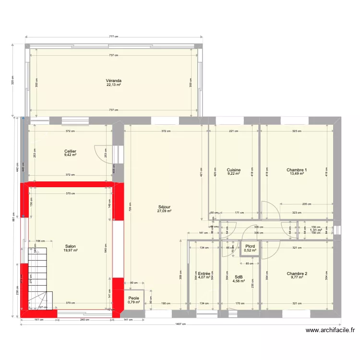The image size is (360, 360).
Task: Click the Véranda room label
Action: tap(114, 81)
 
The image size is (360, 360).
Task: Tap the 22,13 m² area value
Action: tap(114, 85)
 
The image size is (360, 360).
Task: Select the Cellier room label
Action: tap(71, 151)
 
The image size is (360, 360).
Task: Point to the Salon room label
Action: tap(71, 246)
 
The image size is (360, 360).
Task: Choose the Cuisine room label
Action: tap(234, 170)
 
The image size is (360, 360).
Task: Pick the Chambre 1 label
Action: tap(297, 170)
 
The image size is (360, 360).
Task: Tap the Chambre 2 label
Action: tap(297, 274)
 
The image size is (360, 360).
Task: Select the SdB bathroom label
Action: tap(239, 276)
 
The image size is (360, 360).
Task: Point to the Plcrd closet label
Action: tap(250, 246)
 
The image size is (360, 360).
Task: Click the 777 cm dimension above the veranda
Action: tap(113, 36)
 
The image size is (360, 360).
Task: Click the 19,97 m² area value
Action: tap(71, 250)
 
